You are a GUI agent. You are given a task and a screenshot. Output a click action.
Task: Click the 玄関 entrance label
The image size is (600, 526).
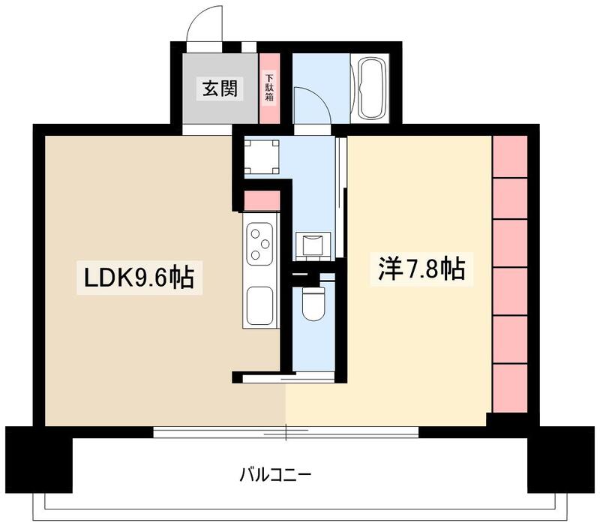point(219,89)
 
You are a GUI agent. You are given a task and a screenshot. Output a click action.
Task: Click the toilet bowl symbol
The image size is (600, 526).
point(310,304)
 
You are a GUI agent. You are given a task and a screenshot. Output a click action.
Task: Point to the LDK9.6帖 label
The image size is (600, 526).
point(139,278)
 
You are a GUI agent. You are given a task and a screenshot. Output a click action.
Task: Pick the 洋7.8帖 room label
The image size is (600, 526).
point(417,269)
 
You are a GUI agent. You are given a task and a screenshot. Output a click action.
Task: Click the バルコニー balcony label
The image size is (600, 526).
point(275,474)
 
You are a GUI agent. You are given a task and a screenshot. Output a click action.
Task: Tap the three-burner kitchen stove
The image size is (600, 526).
point(260,244)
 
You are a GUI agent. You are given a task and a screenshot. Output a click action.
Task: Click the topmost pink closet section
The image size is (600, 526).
point(510,155)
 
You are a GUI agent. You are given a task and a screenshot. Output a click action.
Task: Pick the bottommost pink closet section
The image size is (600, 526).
point(510,387)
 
